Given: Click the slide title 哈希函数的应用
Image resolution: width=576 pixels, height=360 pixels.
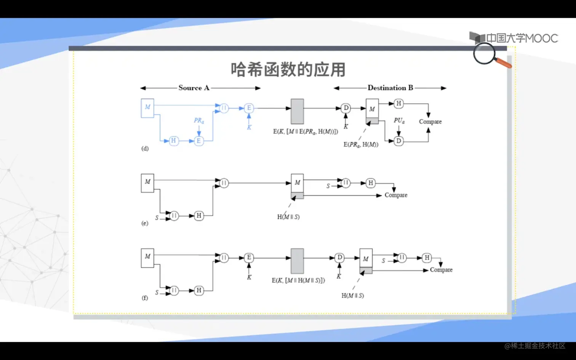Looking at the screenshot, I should coord(288,70).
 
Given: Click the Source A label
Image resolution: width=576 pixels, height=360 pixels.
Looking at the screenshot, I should coord(194,88).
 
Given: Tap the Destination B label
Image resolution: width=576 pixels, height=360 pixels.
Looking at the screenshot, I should coord(390,88).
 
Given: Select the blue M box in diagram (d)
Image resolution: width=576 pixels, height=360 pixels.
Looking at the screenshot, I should coord(147,108).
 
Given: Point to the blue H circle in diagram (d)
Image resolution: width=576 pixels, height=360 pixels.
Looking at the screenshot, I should coord(174,141).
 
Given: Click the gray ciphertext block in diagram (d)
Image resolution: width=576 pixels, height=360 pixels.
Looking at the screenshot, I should coord(297,111).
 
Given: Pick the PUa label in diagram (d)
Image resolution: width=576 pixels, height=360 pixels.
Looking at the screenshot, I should coord(399,121).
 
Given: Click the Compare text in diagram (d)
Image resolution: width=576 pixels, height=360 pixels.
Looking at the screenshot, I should coord(430,122).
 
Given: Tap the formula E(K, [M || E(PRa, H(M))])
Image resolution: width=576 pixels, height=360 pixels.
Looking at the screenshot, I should coord(306,132).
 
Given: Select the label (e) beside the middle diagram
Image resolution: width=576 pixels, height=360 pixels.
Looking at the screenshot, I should coord(145,223).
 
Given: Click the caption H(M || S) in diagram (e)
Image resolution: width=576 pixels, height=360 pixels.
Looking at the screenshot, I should coord(288,217).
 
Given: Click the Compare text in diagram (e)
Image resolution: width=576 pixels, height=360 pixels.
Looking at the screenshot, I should coord(396,195).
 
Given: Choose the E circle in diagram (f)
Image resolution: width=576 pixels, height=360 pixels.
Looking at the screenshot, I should coord(249,258).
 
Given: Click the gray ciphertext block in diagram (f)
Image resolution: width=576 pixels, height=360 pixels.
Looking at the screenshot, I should coord(297,261).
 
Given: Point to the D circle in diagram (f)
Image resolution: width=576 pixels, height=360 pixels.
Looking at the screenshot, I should coord(339,258).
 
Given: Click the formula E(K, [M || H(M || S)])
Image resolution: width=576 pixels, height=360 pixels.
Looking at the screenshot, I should coord(298,280).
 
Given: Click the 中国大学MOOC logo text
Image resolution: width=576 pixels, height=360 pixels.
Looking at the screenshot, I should coord(522,38).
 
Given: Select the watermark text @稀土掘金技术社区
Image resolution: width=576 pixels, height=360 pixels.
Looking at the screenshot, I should coord(535,346).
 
